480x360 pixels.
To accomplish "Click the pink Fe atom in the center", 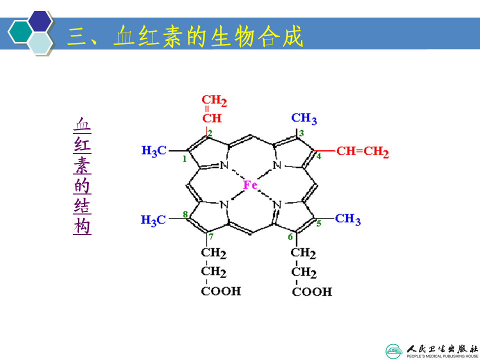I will coord(250,185).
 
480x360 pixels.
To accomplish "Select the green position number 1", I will coord(184,159).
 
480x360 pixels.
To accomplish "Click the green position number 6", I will coord(290,236).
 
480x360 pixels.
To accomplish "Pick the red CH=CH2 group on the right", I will coord(362,151).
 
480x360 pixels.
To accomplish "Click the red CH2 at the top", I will coord(214,102).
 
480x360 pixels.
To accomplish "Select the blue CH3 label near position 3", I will coord(304,118).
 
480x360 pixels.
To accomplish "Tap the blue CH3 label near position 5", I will coord(347,219).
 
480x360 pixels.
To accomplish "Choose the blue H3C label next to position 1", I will coord(153,150).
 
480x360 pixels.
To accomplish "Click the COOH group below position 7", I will coord(220,291).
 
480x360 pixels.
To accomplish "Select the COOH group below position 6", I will coord(311,291).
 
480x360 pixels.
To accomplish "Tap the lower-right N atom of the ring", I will coord(278,204).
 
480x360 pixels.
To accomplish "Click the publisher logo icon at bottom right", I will coord(394,350).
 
